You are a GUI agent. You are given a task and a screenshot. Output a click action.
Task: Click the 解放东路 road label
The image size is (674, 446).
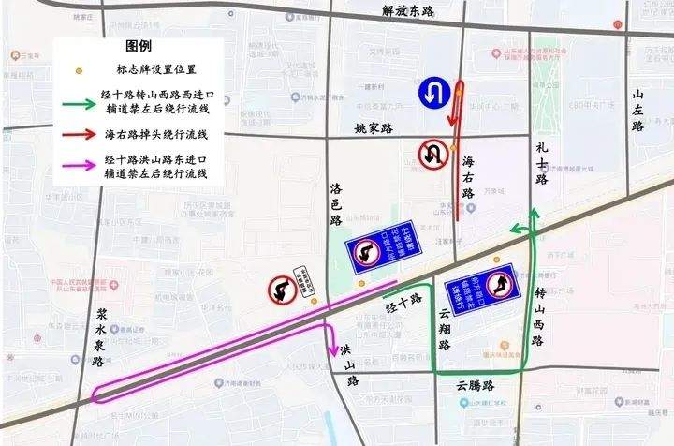[409, 11]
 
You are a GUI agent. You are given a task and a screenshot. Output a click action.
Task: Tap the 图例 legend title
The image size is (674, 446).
[139, 46]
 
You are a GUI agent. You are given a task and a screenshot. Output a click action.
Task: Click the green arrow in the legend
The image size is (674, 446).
[80, 104]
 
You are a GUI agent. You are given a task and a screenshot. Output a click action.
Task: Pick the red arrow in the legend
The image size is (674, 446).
[80, 135]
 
